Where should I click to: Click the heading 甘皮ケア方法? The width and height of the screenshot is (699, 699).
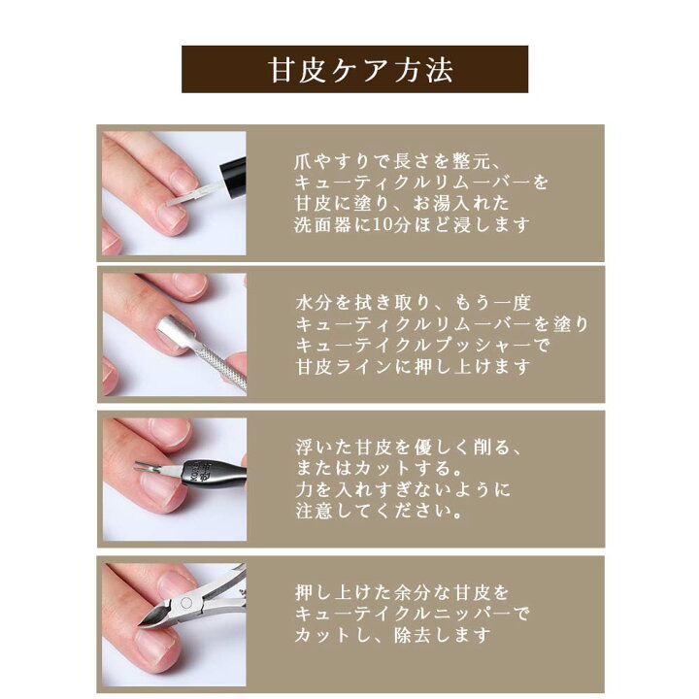[x=360, y=70]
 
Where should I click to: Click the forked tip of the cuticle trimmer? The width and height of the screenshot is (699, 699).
[x=147, y=467]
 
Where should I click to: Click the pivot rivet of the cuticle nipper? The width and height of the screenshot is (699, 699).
[x=186, y=603]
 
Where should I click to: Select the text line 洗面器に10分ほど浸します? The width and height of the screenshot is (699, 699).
[x=412, y=224]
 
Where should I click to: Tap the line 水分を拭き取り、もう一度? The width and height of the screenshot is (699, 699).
[x=414, y=303]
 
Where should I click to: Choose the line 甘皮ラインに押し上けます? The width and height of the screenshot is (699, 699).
[x=414, y=366]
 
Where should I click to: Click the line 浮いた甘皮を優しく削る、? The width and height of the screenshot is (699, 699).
[x=408, y=448]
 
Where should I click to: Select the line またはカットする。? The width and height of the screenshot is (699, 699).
[x=380, y=468]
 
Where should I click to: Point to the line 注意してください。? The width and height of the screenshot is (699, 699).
[x=380, y=511]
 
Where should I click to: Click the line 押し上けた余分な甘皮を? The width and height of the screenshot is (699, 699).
[x=402, y=592]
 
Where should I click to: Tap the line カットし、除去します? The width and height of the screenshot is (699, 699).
[x=393, y=635]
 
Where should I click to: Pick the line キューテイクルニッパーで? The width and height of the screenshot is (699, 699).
[x=413, y=614]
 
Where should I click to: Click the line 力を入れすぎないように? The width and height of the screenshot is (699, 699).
[x=403, y=489]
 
